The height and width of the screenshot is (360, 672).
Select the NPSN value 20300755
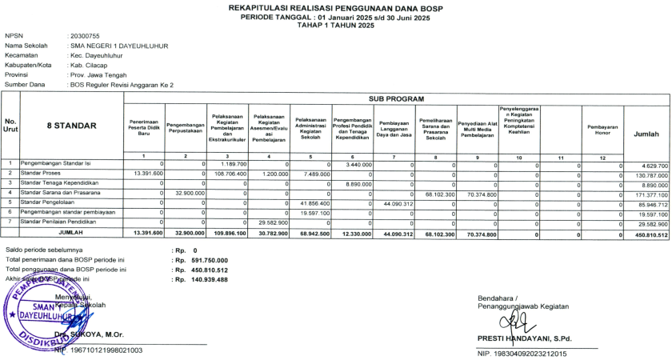85,37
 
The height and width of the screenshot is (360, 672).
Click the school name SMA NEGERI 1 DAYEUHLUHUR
119,46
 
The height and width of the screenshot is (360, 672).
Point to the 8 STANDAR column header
71,126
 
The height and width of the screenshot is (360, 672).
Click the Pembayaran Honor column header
602,131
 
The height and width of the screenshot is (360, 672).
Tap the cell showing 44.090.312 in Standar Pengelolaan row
396,202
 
